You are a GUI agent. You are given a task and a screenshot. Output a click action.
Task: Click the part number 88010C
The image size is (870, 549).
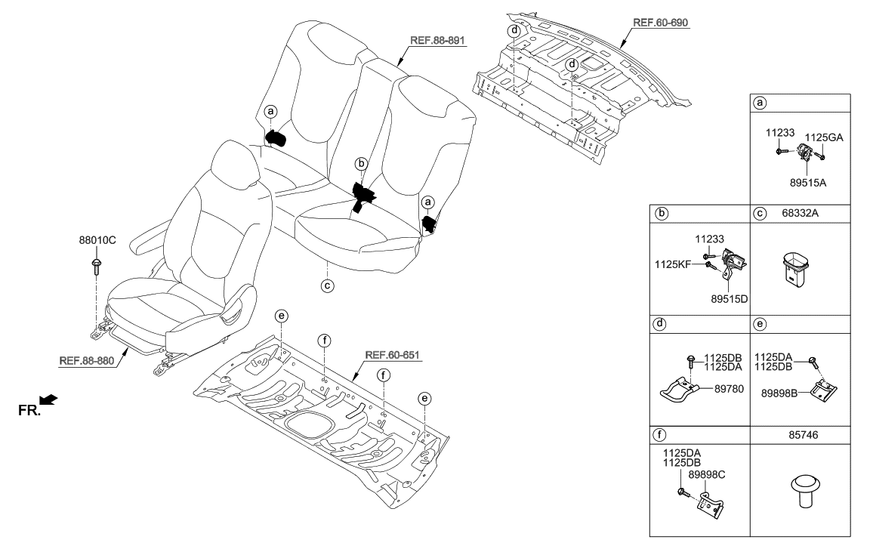[97, 244]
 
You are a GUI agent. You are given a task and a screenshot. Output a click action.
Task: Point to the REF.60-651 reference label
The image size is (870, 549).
[393, 354]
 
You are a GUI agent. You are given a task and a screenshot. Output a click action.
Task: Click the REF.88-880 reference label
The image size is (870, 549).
[88, 361]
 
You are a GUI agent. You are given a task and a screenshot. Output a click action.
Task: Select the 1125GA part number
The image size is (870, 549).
[823, 137]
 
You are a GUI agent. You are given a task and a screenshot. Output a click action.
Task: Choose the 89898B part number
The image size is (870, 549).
[776, 393]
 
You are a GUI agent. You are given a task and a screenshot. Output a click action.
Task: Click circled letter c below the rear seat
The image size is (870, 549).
[326, 286]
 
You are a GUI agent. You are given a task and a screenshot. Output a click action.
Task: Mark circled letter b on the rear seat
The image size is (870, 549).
[362, 163]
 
